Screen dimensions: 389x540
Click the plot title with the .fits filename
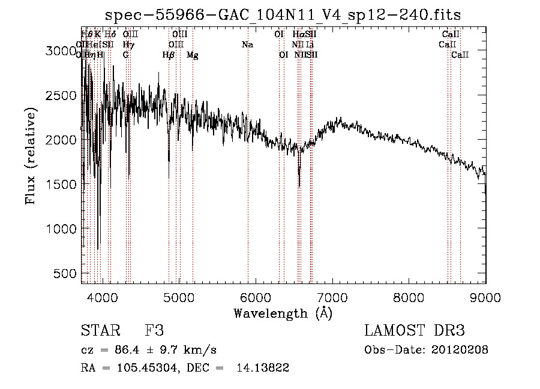coord(283,15)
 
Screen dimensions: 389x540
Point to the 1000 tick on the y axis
coord(62,228)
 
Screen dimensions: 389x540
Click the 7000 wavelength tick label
coord(332,297)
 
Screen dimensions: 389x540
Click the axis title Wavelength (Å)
coord(283,313)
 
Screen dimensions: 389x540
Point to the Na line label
coord(247,44)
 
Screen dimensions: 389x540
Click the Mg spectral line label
coord(193,55)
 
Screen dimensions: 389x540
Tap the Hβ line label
coord(168,55)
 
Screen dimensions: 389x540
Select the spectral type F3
coord(154,331)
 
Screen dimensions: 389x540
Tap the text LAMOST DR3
coord(415,331)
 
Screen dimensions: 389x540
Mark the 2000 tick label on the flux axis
coord(62,140)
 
